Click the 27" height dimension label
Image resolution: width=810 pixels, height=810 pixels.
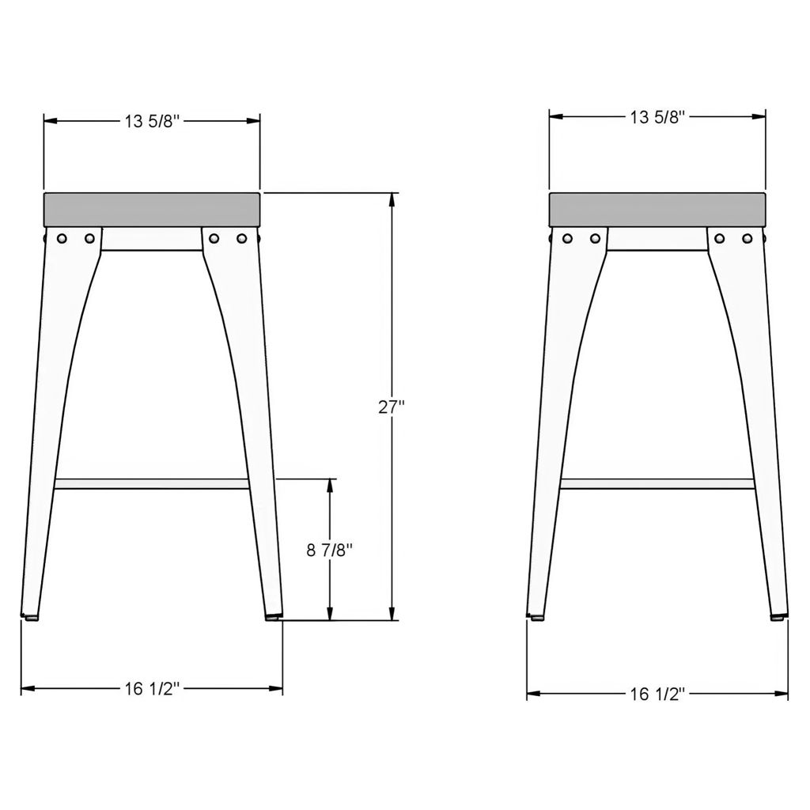(391, 407)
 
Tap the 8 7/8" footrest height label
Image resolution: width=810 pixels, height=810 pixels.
(330, 551)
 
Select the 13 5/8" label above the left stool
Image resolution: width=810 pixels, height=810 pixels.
(152, 121)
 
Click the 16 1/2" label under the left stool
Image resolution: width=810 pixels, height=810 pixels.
(152, 689)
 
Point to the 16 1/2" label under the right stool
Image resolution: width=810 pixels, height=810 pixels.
(657, 694)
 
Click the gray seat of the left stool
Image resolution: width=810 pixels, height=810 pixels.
(152, 210)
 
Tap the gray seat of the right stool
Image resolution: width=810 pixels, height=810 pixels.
(657, 210)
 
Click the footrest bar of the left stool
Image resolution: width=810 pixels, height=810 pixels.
(152, 484)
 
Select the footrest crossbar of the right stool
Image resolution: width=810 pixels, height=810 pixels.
(657, 484)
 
